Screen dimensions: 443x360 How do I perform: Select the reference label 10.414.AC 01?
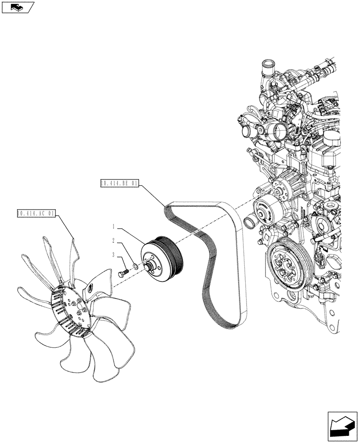click(x=35, y=213)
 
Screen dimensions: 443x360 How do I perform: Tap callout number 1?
click(x=114, y=227)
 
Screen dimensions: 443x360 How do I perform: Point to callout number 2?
click(x=114, y=241)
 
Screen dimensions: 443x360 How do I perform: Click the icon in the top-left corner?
click(x=17, y=8)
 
